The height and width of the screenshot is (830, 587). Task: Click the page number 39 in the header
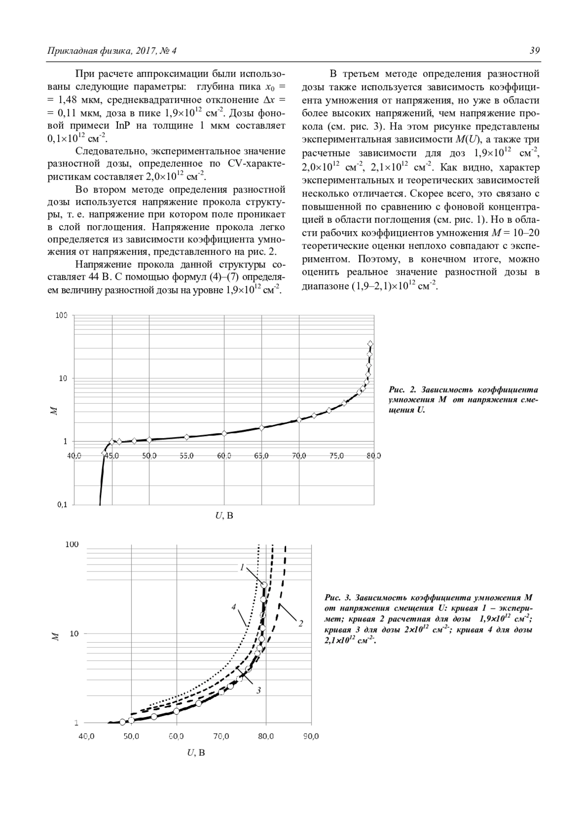(534, 51)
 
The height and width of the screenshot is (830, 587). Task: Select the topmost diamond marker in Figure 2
(370, 344)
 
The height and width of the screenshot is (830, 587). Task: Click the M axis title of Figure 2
(55, 411)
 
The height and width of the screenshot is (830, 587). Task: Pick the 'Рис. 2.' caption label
(402, 390)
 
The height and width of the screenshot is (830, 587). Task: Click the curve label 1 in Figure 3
(242, 567)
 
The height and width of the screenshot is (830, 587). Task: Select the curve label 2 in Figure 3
(300, 623)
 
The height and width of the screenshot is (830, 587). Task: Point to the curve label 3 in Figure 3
(258, 690)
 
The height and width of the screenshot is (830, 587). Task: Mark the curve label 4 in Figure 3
(234, 607)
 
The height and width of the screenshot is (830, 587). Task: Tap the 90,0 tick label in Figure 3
(311, 736)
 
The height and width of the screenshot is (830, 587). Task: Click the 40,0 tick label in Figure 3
(87, 736)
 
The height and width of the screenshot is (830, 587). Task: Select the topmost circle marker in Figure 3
(264, 585)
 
